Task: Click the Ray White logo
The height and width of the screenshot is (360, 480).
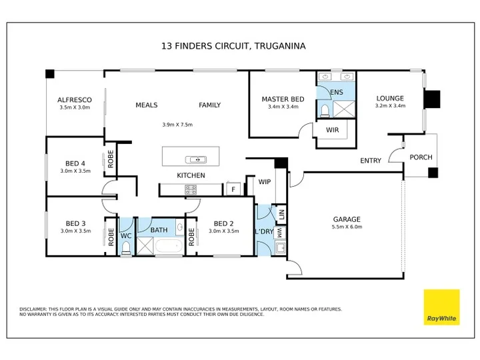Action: (441, 307)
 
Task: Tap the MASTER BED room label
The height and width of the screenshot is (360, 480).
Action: (283, 99)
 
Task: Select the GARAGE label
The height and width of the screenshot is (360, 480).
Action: (347, 219)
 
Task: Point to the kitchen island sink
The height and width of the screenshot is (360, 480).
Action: (196, 159)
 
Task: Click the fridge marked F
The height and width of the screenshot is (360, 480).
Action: (233, 189)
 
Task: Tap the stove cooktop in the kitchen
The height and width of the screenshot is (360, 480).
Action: (191, 189)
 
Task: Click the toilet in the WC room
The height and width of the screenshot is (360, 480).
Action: (126, 248)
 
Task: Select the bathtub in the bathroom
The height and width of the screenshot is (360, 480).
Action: (169, 247)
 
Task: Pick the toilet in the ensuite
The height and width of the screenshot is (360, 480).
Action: (325, 111)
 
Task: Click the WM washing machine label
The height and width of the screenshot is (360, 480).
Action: (279, 233)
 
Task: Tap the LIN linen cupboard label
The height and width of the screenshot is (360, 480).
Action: (281, 214)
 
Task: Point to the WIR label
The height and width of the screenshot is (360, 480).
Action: (332, 130)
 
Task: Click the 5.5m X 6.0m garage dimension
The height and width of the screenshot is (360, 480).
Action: (347, 227)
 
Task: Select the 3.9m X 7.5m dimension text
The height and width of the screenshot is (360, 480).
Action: (177, 125)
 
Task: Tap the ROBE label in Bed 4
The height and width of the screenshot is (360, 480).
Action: (111, 159)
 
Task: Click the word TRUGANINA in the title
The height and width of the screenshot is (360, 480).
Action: (280, 46)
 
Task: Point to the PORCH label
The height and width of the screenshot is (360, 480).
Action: (421, 157)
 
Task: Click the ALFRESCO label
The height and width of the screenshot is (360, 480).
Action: (75, 100)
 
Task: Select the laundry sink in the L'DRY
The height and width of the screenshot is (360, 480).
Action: (280, 247)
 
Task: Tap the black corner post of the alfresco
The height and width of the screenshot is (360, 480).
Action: (50, 74)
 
